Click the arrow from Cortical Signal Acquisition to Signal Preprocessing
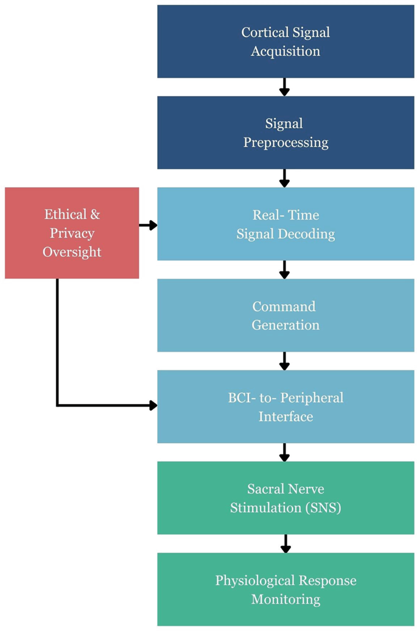pyautogui.click(x=284, y=87)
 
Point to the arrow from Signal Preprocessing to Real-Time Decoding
pyautogui.click(x=284, y=178)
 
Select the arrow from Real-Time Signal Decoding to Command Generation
pyautogui.click(x=284, y=270)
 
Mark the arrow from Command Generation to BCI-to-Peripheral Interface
pyautogui.click(x=284, y=361)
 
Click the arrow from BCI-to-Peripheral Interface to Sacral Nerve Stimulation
pyautogui.click(x=284, y=452)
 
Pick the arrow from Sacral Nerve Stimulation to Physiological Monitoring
pyautogui.click(x=284, y=543)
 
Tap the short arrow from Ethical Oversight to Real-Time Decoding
pyautogui.click(x=148, y=225)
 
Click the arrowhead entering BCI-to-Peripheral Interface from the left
pyautogui.click(x=152, y=405)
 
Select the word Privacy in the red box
pyautogui.click(x=72, y=233)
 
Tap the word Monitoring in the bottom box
pyautogui.click(x=286, y=599)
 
